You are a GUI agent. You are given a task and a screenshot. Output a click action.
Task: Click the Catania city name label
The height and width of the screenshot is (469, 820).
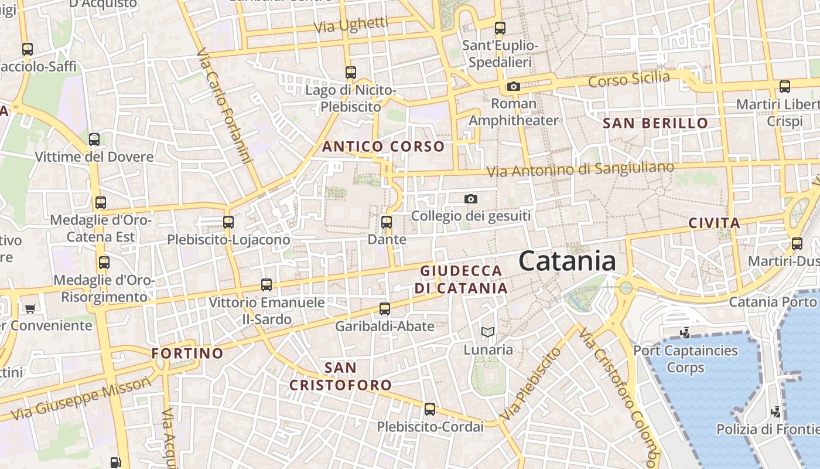[x=567, y=261]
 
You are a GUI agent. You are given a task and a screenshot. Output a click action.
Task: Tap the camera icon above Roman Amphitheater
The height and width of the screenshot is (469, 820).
[x=513, y=87]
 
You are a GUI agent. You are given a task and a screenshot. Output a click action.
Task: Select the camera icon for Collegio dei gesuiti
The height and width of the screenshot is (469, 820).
[x=470, y=199]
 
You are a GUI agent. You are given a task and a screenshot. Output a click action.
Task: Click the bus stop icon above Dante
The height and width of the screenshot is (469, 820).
[x=386, y=222]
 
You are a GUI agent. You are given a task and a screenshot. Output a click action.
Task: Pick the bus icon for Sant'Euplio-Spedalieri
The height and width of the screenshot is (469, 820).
[x=500, y=28]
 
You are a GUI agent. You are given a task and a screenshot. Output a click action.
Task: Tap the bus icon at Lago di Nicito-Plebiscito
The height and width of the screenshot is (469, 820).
[x=350, y=73]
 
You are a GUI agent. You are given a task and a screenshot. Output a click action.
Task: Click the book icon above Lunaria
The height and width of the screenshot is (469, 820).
[x=487, y=332]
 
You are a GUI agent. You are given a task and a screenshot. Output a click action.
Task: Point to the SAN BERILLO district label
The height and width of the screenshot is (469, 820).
[x=655, y=123]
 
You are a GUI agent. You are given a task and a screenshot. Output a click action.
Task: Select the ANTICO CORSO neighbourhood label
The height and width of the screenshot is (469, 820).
[x=384, y=147]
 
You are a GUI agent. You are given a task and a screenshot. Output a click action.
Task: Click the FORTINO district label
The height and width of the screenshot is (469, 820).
[x=187, y=354]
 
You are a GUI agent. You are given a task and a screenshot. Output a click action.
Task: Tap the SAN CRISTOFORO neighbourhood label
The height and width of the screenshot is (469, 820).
[x=341, y=376]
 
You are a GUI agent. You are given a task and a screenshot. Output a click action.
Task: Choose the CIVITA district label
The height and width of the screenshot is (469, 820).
[x=714, y=223]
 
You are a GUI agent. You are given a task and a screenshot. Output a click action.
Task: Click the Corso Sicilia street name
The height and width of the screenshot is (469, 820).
[x=629, y=79]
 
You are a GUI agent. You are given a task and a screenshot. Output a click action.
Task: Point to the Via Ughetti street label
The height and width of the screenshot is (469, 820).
[x=351, y=25]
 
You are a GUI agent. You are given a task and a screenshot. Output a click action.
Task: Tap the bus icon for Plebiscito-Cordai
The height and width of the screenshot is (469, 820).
[x=430, y=409]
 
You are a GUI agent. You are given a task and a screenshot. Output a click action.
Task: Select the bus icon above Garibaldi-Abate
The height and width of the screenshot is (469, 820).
[x=385, y=308]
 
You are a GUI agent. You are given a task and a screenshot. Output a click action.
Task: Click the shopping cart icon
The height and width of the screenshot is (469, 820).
[x=30, y=308]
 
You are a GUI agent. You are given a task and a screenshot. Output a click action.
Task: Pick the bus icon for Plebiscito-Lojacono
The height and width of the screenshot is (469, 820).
[x=228, y=222]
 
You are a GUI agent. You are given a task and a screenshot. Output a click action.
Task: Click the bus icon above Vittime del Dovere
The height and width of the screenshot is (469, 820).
[x=94, y=140]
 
